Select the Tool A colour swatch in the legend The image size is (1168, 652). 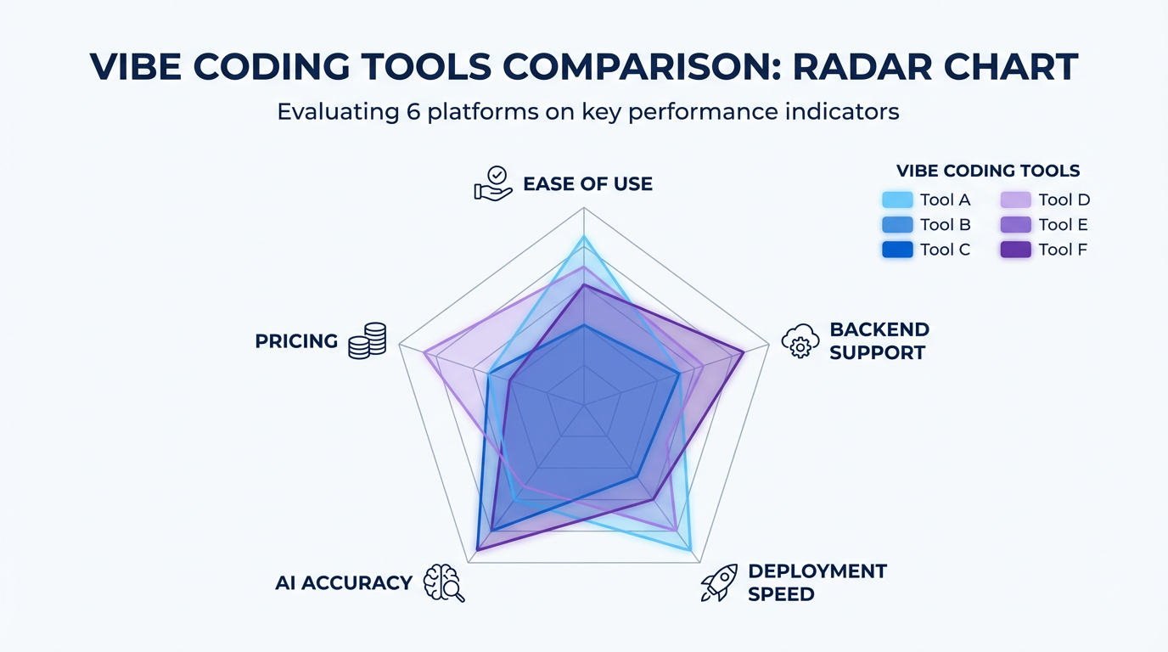coord(897,200)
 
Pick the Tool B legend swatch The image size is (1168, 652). coord(897,225)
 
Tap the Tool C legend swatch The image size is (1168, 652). coord(897,250)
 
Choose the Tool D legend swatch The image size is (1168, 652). coord(1016,200)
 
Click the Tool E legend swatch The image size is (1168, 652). coord(1016,225)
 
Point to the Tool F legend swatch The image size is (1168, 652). coord(1016,250)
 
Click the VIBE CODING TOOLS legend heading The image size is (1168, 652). coord(988,171)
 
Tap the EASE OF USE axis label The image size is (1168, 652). coord(587,184)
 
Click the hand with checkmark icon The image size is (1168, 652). coord(492,183)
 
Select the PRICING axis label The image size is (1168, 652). coord(296,341)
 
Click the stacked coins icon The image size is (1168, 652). coord(368,340)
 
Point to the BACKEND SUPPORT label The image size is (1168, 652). coord(879,340)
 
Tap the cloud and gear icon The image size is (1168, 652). coord(800,340)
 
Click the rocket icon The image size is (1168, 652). coord(718,583)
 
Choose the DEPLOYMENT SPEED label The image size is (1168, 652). coord(817,582)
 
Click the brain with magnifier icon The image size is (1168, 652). coord(443,583)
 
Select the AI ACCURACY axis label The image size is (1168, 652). coord(344,583)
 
